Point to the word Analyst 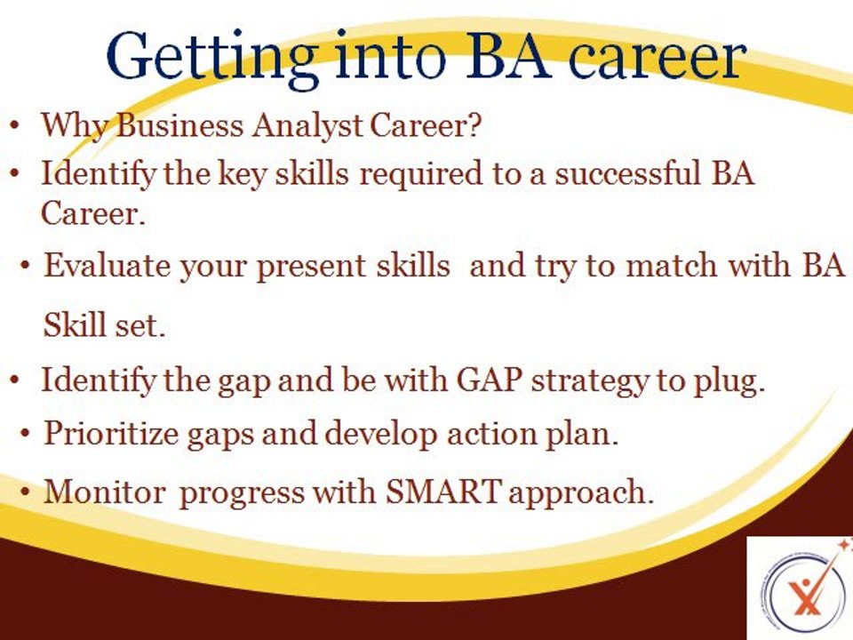coord(302,126)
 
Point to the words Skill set coord(105,326)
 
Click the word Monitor coord(104,492)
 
